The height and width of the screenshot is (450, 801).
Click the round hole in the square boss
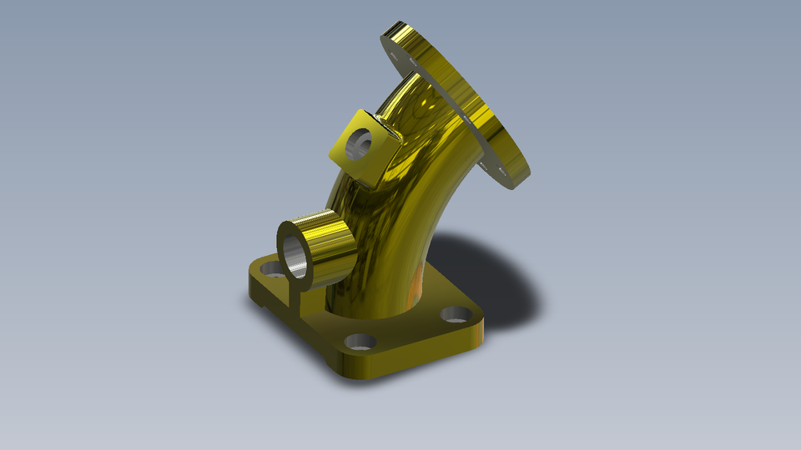point(360,143)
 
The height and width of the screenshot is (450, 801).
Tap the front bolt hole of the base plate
point(360,342)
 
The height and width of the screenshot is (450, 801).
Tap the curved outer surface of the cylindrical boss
point(330,242)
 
